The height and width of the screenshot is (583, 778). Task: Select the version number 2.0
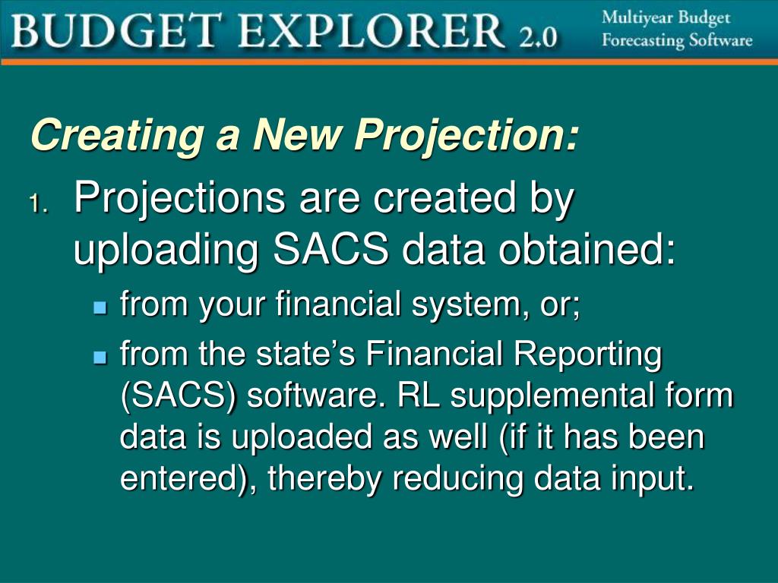[x=539, y=36]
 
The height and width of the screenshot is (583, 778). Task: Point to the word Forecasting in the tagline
[x=643, y=40]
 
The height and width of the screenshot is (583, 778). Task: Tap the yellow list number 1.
[x=39, y=203]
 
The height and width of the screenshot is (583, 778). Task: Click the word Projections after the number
[x=180, y=200]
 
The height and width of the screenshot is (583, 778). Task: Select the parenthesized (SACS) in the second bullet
[x=177, y=397]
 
